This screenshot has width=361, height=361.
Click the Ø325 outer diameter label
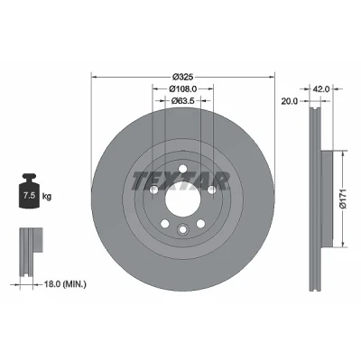(x=182, y=77)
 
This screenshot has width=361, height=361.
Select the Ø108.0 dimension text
(x=182, y=89)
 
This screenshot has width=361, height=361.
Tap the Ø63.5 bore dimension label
(x=182, y=101)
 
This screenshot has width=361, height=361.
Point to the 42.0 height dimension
(x=321, y=89)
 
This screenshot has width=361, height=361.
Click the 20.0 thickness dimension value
(x=289, y=101)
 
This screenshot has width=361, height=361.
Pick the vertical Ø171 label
(x=343, y=199)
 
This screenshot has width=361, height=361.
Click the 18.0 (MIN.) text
(x=65, y=283)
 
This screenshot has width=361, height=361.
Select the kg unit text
(x=47, y=197)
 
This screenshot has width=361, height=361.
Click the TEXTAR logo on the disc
(x=180, y=181)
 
